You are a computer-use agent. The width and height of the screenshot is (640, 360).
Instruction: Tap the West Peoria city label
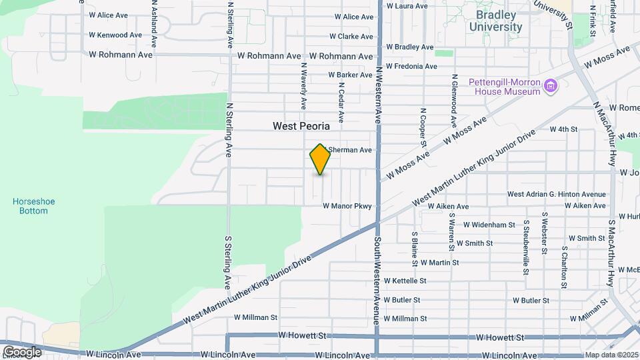(301, 125)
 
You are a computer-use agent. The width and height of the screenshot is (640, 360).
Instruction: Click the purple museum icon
(551, 86)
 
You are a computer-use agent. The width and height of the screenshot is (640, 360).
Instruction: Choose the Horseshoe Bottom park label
(30, 206)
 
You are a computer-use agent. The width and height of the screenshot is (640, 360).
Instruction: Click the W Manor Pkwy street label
(347, 207)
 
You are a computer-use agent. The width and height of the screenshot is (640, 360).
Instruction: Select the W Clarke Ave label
(354, 37)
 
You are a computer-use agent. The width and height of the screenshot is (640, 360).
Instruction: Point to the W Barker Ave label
(350, 75)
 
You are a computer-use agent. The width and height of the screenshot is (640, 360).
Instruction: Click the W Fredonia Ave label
(411, 67)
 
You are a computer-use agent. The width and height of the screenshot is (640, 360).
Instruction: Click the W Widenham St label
(489, 225)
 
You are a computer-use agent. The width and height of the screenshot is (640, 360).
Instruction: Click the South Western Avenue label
(377, 280)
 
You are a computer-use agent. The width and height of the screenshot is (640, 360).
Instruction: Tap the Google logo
(21, 351)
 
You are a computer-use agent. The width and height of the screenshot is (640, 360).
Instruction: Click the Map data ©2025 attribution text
(611, 355)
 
